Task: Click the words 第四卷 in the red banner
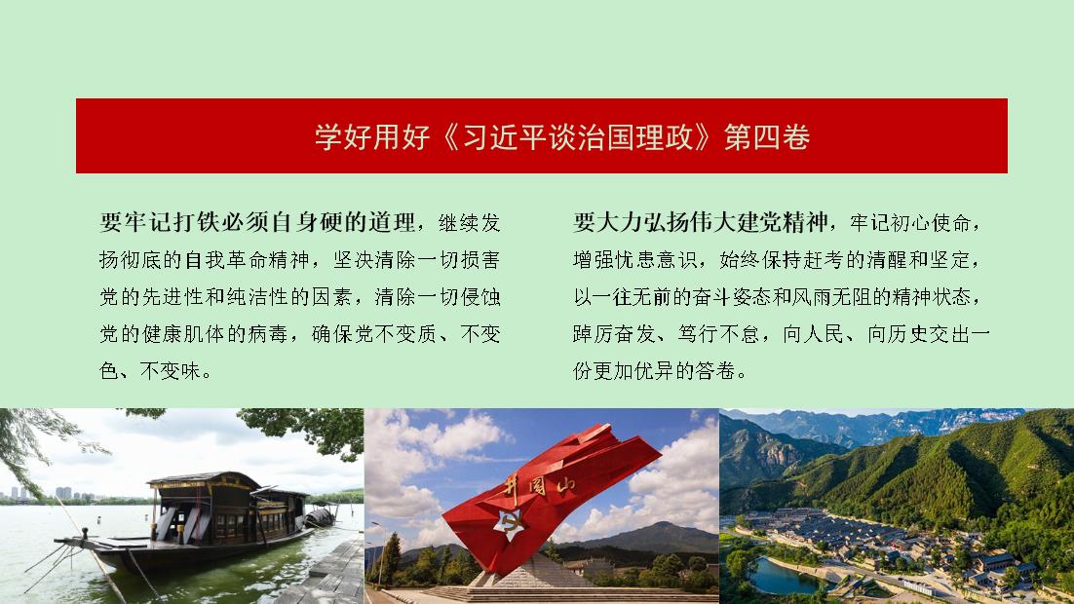[767, 137]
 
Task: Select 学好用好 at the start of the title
[372, 137]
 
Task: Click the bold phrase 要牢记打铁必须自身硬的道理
[257, 222]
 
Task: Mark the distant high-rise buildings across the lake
[48, 493]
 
